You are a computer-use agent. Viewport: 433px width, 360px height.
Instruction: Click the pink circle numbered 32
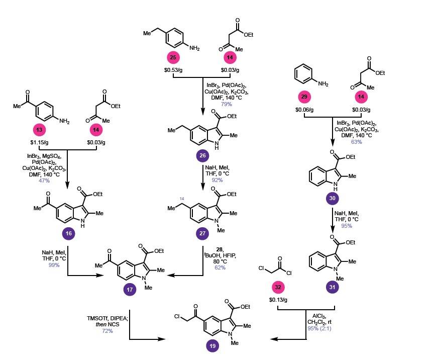click(277, 287)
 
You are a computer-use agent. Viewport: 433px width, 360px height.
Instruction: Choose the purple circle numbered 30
click(333, 199)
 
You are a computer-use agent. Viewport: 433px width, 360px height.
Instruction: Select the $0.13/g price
click(278, 300)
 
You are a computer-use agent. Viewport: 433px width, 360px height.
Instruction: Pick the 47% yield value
click(44, 179)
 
